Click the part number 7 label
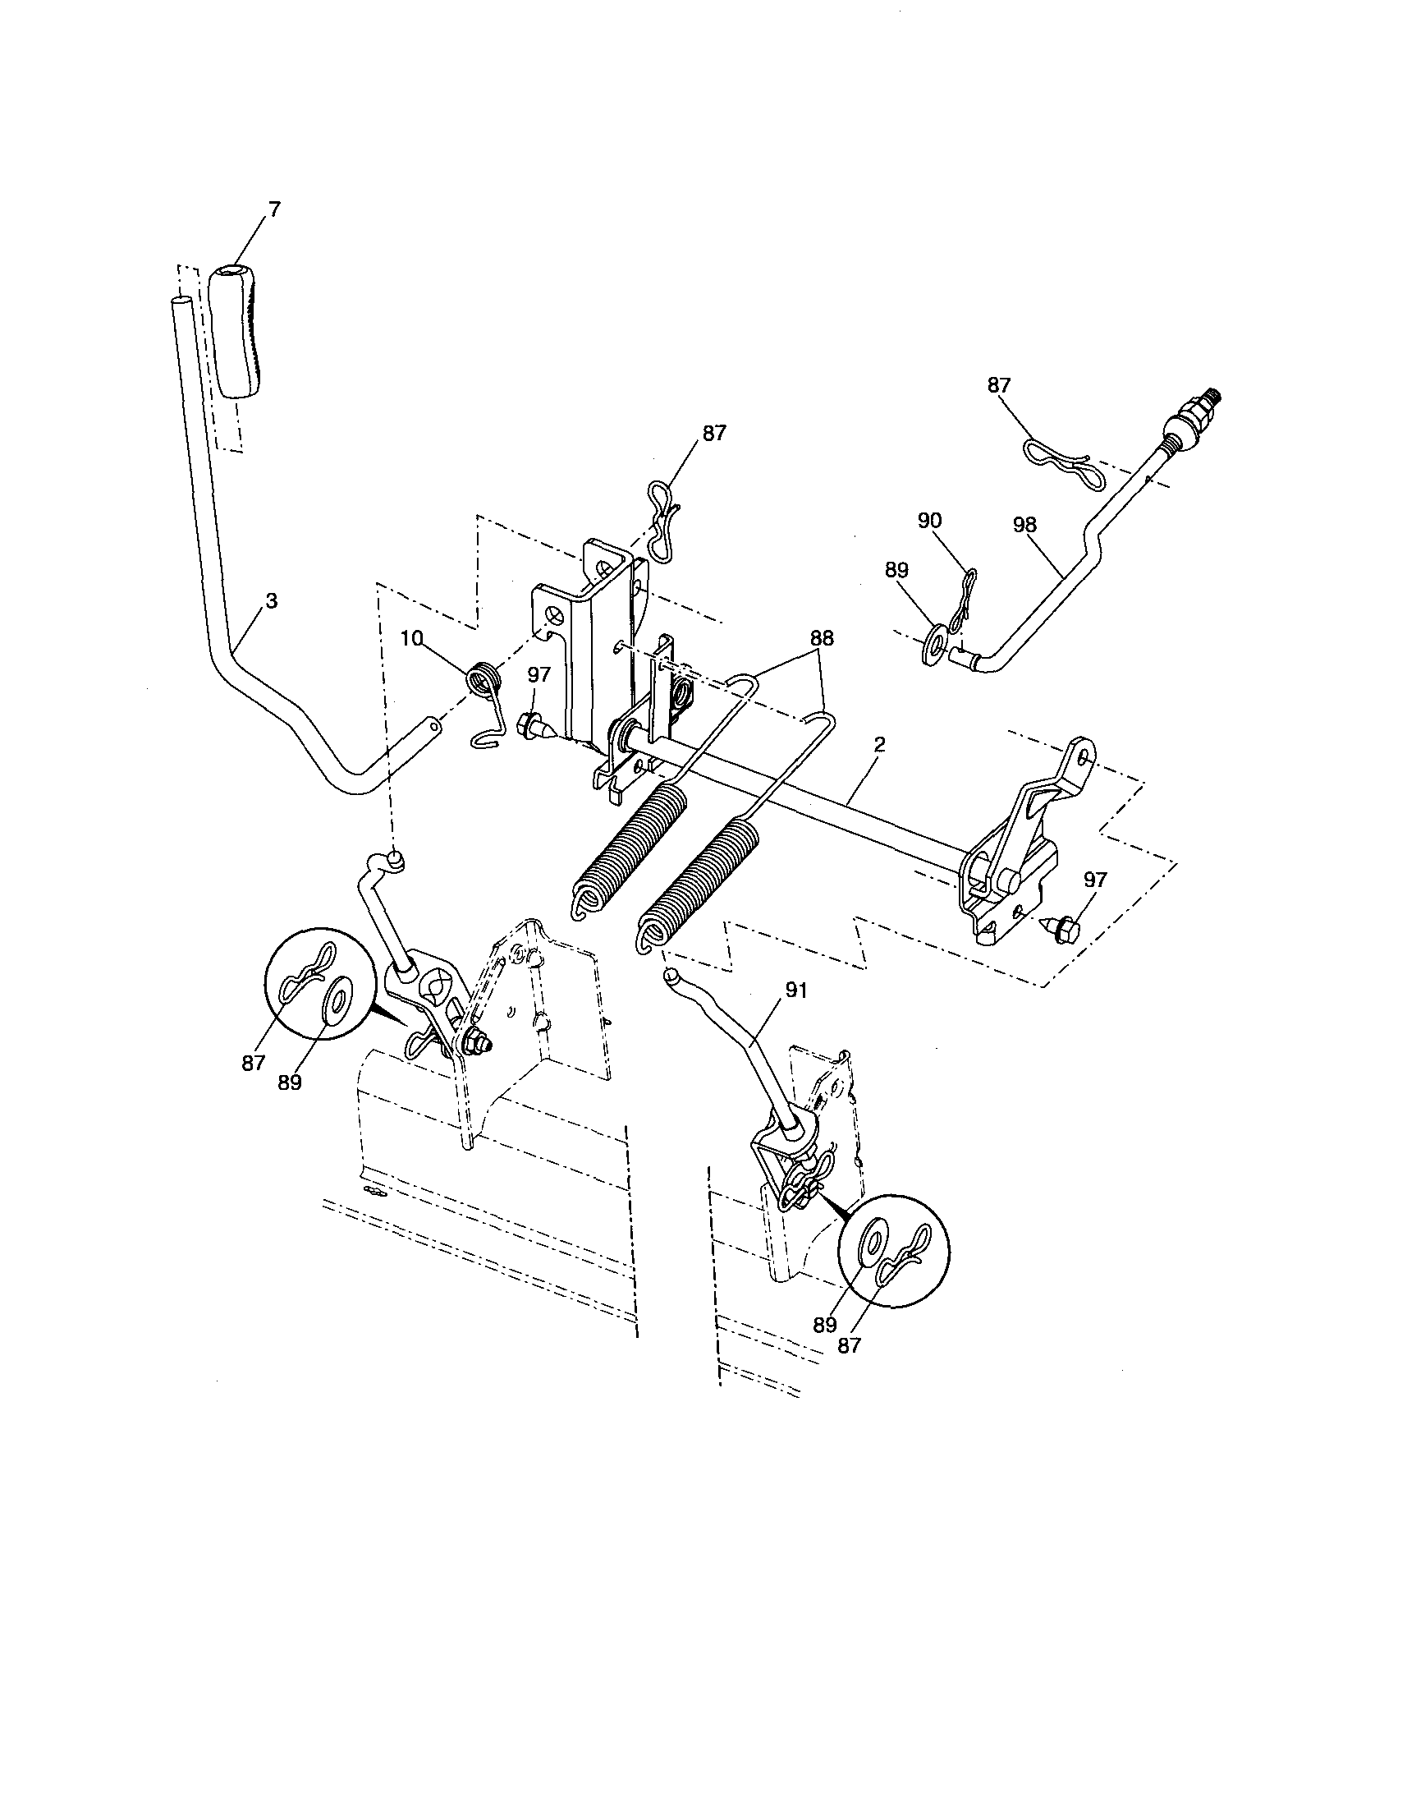pos(274,210)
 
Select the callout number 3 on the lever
pos(272,601)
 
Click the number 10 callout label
pos(411,639)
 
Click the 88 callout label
pos(822,639)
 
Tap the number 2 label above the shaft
pos(880,744)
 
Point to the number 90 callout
pos(930,521)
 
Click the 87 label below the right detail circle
pos(849,1345)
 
